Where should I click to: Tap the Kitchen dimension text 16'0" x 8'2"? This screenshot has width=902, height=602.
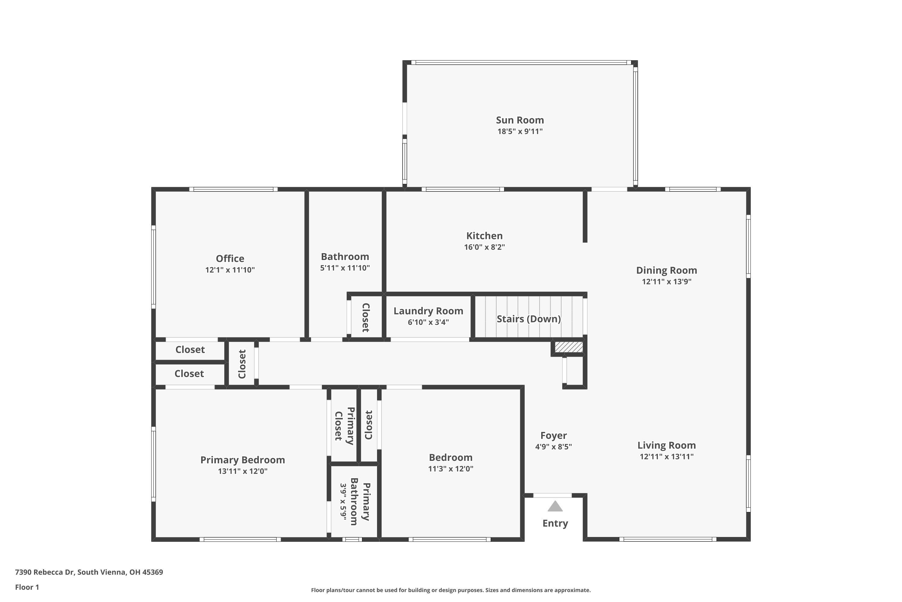pyautogui.click(x=484, y=247)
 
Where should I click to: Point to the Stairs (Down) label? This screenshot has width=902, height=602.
pyautogui.click(x=529, y=319)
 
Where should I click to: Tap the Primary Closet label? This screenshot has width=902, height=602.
pyautogui.click(x=344, y=426)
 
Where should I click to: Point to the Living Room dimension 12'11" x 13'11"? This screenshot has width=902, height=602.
pyautogui.click(x=666, y=457)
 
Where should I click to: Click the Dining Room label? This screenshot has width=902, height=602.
pyautogui.click(x=666, y=270)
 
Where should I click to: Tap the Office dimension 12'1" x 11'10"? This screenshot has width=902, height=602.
pyautogui.click(x=230, y=270)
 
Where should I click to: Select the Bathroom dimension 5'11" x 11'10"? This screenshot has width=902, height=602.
pyautogui.click(x=345, y=268)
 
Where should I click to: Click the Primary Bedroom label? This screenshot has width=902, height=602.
pyautogui.click(x=242, y=460)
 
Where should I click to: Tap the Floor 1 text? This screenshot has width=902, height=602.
pyautogui.click(x=27, y=587)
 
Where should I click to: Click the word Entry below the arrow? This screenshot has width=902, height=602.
pyautogui.click(x=555, y=523)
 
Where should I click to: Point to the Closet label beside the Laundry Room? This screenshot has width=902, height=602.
pyautogui.click(x=366, y=318)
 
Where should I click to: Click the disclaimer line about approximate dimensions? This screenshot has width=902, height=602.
pyautogui.click(x=451, y=590)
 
